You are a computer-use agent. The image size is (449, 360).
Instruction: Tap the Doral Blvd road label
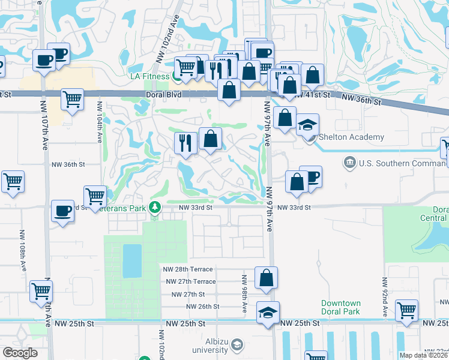pos(163,95)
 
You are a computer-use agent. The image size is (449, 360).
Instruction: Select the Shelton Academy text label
pos(351,137)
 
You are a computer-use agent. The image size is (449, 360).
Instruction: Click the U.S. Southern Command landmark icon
pos(349,163)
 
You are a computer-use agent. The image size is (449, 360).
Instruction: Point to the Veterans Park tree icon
pos(155,208)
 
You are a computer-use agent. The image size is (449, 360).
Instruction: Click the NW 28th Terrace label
pos(188,269)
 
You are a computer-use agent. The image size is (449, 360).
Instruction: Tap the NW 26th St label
pos(203,307)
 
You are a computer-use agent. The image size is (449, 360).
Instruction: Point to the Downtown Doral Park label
pos(340,307)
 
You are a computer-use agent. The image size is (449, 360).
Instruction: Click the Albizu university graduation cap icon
pos(238,344)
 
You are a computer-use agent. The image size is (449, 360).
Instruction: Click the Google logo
pos(20,353)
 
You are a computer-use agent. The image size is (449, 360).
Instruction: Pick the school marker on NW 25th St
pos(267,313)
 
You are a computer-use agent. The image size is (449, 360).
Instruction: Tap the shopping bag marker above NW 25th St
pos(266,278)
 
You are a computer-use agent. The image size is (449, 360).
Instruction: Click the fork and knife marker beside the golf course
pos(185,143)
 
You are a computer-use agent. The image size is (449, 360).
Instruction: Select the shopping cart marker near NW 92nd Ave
pos(406,310)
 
